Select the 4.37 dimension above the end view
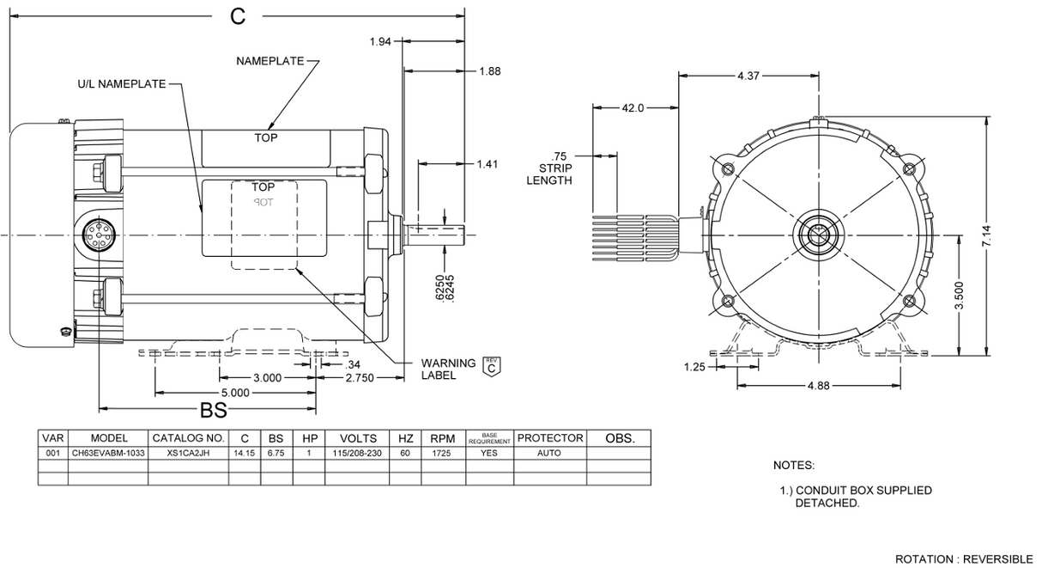(x=748, y=76)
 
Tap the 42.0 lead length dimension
(x=633, y=107)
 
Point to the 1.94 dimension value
(x=379, y=41)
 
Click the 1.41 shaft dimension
(x=487, y=163)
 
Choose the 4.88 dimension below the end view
(x=819, y=386)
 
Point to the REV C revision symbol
(x=491, y=366)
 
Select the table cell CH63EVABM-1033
(x=108, y=453)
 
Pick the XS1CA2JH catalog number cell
(x=189, y=453)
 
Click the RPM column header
(x=442, y=438)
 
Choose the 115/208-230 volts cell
(x=358, y=453)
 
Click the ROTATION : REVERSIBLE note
(x=964, y=559)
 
